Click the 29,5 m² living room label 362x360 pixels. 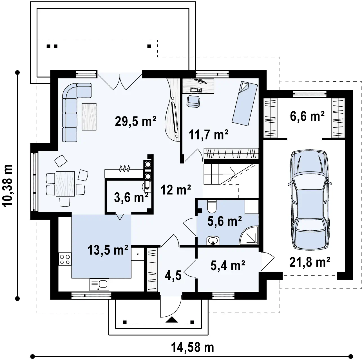[x=135, y=121]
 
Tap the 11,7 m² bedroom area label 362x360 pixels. [x=209, y=134]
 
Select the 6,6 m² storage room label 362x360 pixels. [x=307, y=116]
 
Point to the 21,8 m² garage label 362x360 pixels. [x=310, y=262]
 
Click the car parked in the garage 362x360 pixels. [x=310, y=200]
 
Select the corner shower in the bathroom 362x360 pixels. [x=249, y=235]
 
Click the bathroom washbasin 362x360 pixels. [x=213, y=241]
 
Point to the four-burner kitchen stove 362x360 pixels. [x=65, y=259]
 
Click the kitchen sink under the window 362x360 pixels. [x=99, y=285]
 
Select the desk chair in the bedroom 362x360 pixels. [x=193, y=101]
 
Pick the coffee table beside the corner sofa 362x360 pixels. [x=89, y=116]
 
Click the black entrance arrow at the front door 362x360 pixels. [x=172, y=320]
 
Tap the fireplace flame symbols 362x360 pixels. [x=124, y=168]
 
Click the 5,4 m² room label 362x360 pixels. [x=228, y=265]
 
